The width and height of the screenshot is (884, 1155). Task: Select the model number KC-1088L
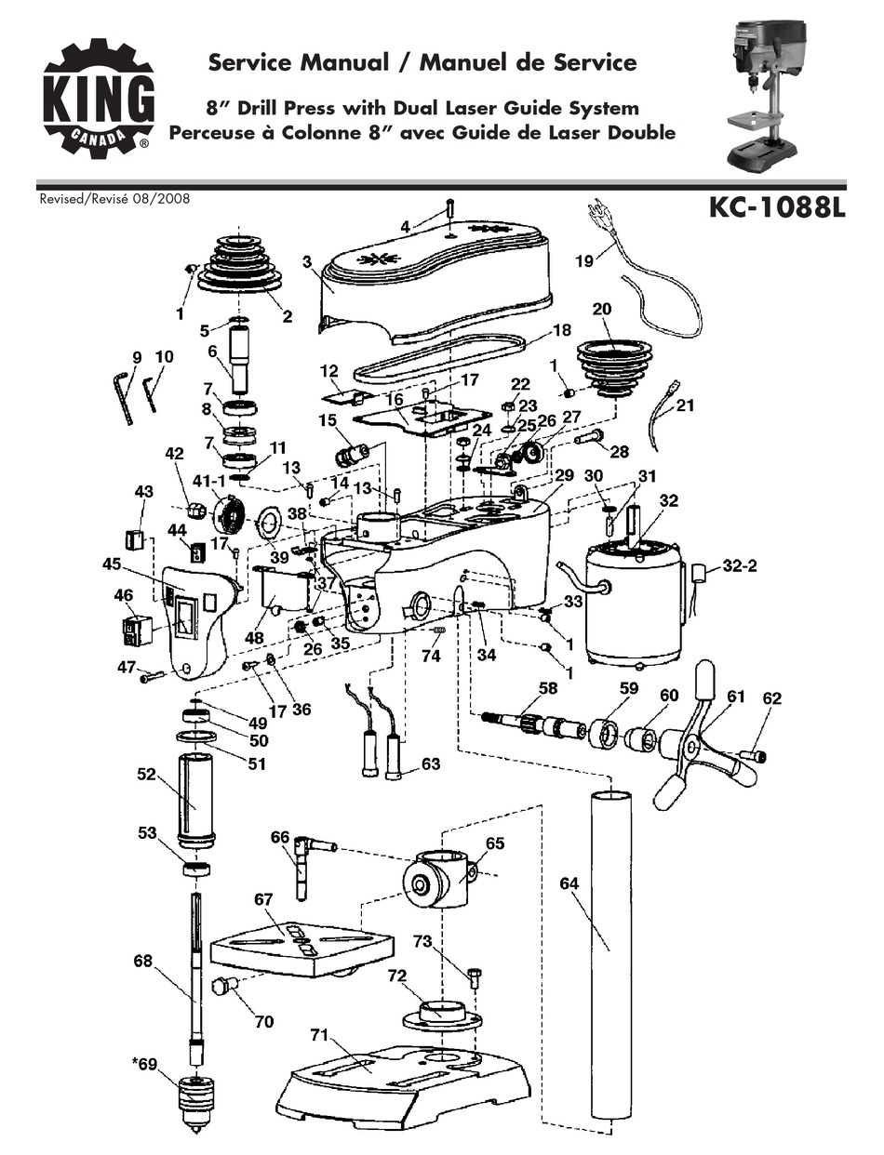[777, 206]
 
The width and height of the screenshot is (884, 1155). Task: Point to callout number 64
[569, 884]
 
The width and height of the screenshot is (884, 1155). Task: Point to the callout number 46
[124, 593]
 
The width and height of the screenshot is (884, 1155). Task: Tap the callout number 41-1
[208, 480]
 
